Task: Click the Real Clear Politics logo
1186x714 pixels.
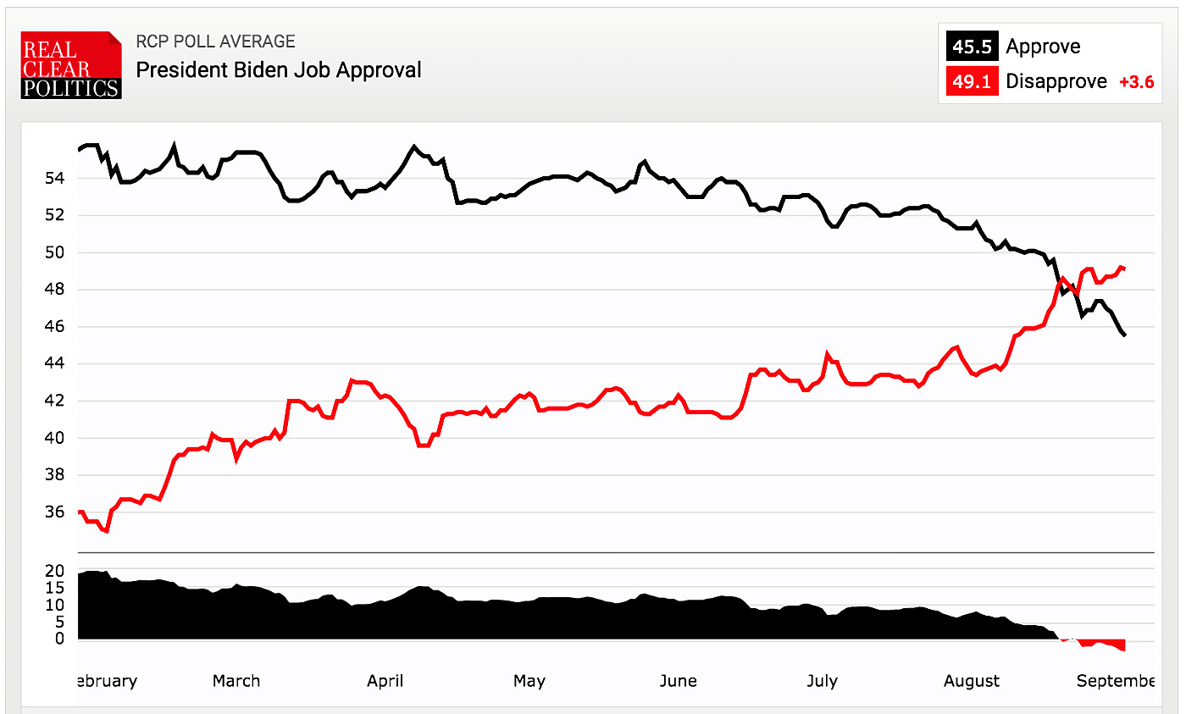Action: [x=71, y=65]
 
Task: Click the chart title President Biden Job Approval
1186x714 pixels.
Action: [x=279, y=69]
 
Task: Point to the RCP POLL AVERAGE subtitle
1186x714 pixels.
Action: [x=215, y=42]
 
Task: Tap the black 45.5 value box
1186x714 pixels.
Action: [x=972, y=47]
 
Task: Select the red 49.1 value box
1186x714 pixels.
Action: [x=972, y=81]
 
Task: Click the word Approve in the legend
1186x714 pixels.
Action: [x=1043, y=47]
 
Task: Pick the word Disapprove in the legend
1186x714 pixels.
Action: [x=1056, y=81]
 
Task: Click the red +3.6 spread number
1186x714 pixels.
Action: [x=1136, y=82]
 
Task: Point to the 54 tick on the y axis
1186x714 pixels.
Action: [x=55, y=178]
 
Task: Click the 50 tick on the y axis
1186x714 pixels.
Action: [x=55, y=252]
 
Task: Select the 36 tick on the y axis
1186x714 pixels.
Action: [x=55, y=512]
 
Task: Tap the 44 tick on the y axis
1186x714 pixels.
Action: [x=55, y=364]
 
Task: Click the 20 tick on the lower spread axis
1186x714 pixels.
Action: [x=55, y=571]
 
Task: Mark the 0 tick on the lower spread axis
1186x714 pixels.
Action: [x=59, y=639]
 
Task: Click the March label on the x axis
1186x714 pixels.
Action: [x=236, y=681]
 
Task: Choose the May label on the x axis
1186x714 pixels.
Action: [x=529, y=681]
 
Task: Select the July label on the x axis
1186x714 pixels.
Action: [x=822, y=681]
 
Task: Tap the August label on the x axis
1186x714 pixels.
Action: [x=971, y=681]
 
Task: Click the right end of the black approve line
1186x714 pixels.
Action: [x=1124, y=335]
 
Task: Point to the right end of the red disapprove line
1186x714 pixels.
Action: [x=1124, y=268]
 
